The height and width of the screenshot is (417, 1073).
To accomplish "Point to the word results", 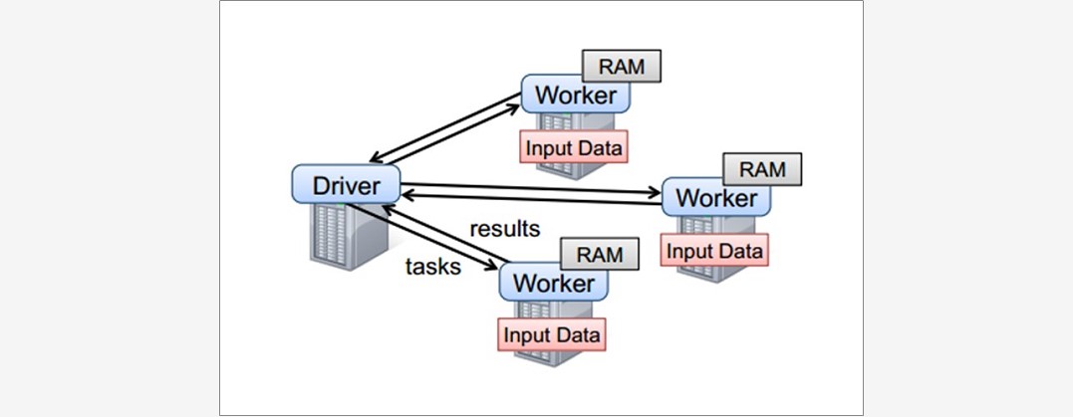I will pyautogui.click(x=505, y=229).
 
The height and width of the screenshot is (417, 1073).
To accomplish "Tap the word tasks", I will pyautogui.click(x=433, y=266).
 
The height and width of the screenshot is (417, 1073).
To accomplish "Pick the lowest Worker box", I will pyautogui.click(x=553, y=283).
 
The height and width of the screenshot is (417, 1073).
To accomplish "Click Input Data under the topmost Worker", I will pyautogui.click(x=576, y=149).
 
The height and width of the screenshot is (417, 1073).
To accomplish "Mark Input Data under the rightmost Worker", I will pyautogui.click(x=715, y=249).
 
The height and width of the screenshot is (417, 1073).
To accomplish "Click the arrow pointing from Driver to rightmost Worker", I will pyautogui.click(x=528, y=188).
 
